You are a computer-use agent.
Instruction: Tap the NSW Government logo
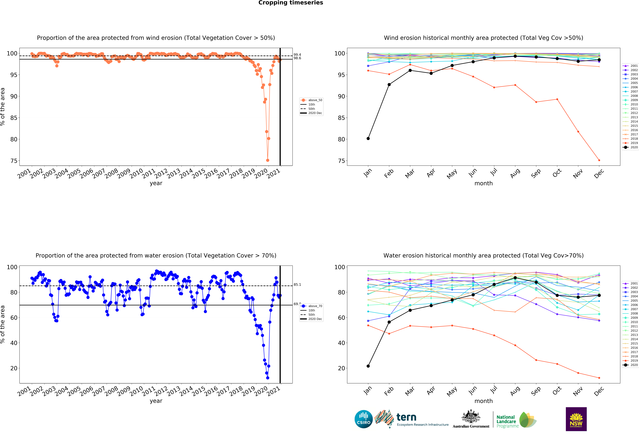click(x=576, y=419)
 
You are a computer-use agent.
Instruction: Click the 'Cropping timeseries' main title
click(x=291, y=3)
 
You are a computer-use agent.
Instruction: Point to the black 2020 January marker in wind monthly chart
click(x=368, y=138)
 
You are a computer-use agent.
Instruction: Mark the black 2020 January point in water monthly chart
click(x=368, y=366)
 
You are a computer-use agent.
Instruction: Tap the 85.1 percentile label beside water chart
click(x=297, y=285)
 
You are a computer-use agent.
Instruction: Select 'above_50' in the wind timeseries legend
click(x=315, y=100)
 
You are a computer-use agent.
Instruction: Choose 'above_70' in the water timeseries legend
click(x=315, y=306)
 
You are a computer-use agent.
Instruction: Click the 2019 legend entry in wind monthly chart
click(x=634, y=143)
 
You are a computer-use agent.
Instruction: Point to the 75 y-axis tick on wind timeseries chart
click(x=14, y=161)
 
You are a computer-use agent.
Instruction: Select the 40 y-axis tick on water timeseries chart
click(x=14, y=343)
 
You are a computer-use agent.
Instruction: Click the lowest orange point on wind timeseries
click(x=268, y=160)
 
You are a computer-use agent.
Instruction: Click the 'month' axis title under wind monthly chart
click(x=483, y=183)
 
